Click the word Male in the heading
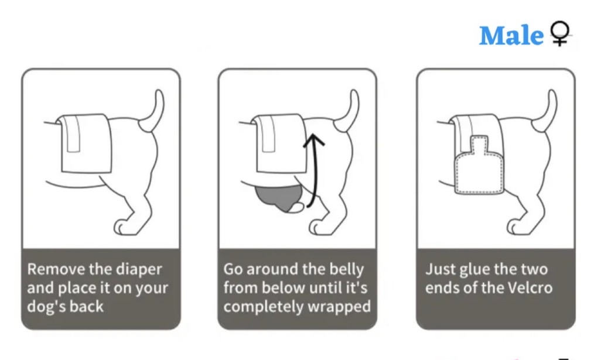pos(511,36)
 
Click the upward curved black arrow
pos(313,169)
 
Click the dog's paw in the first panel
pos(124,226)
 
